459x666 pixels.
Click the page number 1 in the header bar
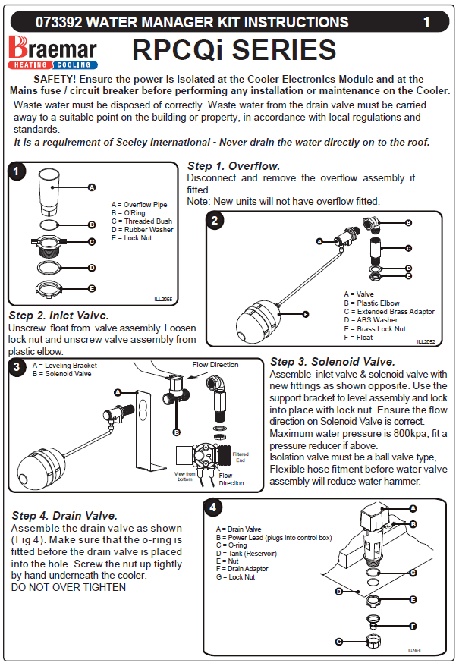tap(426, 22)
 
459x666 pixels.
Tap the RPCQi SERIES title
tap(234, 51)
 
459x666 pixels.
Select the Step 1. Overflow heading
tap(234, 166)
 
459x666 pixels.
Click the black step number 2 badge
tap(216, 221)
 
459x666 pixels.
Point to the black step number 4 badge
tap(214, 507)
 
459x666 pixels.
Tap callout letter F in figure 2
tap(305, 314)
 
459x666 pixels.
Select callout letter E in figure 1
tap(91, 288)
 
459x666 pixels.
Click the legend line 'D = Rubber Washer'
tap(142, 229)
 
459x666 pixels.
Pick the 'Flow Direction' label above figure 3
tap(215, 365)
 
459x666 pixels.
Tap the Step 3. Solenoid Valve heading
tap(332, 362)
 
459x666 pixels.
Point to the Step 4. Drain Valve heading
tap(64, 517)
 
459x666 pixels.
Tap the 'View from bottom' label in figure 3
tap(184, 476)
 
